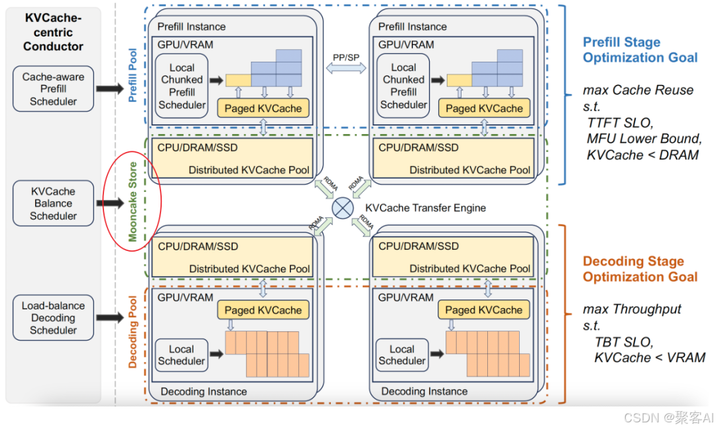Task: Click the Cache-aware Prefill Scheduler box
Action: pyautogui.click(x=53, y=89)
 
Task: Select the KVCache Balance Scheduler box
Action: pyautogui.click(x=53, y=203)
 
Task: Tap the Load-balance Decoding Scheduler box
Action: pyautogui.click(x=53, y=317)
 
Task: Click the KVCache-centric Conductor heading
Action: pyautogui.click(x=53, y=32)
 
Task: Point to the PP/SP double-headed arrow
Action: pyautogui.click(x=345, y=68)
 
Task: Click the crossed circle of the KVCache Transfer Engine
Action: pyautogui.click(x=342, y=208)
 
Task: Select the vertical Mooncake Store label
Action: pyautogui.click(x=133, y=201)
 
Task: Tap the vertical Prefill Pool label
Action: pyautogui.click(x=133, y=75)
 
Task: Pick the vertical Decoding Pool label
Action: pyautogui.click(x=133, y=332)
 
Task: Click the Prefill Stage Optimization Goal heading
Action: pyautogui.click(x=640, y=49)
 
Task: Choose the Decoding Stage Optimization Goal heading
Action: pyautogui.click(x=640, y=269)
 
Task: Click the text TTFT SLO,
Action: pyautogui.click(x=620, y=123)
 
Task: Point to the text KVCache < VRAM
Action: pyautogui.click(x=649, y=357)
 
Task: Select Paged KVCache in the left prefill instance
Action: pyautogui.click(x=263, y=108)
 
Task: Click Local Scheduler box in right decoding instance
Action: pyautogui.click(x=402, y=355)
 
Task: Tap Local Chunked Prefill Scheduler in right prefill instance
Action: pyautogui.click(x=404, y=86)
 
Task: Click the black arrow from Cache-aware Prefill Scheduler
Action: pyautogui.click(x=109, y=88)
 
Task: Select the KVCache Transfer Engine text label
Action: pyautogui.click(x=426, y=208)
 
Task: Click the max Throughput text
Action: pyautogui.click(x=632, y=309)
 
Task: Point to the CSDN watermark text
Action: pyautogui.click(x=668, y=418)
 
